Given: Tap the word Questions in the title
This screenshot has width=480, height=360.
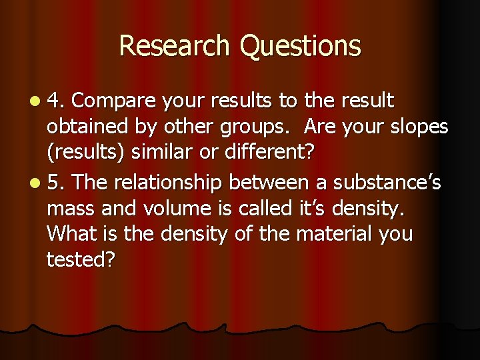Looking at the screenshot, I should pos(300,46).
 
